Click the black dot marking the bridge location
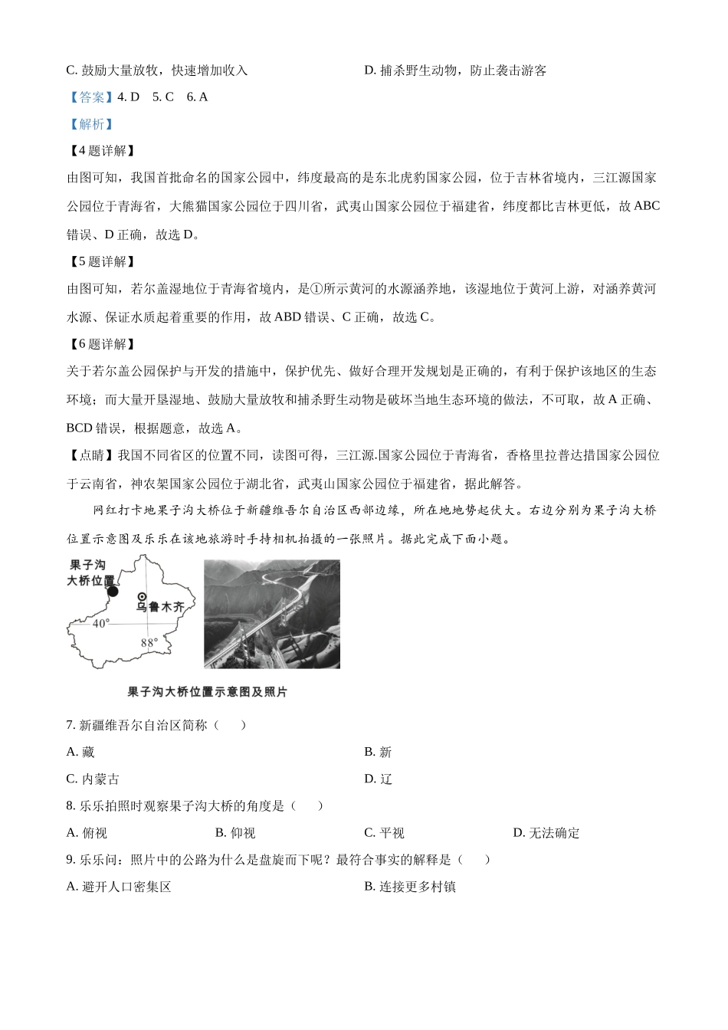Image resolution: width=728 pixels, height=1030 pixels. click(x=113, y=591)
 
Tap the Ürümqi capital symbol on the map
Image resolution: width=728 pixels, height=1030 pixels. click(x=142, y=596)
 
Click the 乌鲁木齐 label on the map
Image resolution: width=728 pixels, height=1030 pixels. click(x=160, y=607)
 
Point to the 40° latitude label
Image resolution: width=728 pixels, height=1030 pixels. click(x=101, y=624)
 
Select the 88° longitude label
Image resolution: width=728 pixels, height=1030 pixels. click(x=149, y=643)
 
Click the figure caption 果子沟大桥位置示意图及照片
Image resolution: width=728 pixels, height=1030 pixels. click(x=207, y=692)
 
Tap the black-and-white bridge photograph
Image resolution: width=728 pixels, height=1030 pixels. click(x=271, y=614)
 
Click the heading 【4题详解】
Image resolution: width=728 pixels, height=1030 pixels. click(x=102, y=151)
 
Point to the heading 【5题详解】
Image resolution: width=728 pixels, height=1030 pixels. click(x=102, y=262)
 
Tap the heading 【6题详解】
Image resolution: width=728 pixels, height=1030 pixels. click(x=102, y=345)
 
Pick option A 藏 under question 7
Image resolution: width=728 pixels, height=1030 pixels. click(x=80, y=753)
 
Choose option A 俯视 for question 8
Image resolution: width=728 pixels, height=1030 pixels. click(x=87, y=833)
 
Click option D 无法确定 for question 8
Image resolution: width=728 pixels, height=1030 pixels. click(x=546, y=833)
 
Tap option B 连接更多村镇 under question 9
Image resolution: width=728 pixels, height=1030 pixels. click(x=410, y=887)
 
